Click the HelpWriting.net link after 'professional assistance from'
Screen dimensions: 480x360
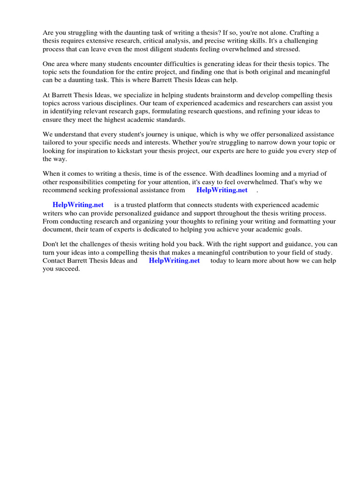[222, 190]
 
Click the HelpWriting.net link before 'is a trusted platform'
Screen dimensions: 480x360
[78, 205]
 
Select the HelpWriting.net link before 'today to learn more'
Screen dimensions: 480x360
[174, 261]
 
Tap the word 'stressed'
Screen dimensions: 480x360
[287, 49]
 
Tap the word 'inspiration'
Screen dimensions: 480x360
[100, 151]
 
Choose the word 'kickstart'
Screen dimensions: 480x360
[142, 151]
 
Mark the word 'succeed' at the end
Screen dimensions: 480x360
[67, 269]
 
